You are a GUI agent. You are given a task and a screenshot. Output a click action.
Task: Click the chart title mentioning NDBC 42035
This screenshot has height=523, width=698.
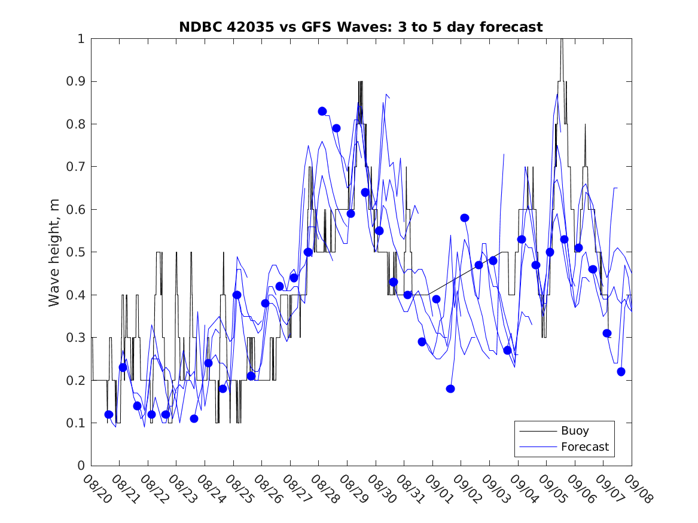tap(361, 27)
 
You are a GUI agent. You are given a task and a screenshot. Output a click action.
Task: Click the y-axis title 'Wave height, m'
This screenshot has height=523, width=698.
tap(54, 252)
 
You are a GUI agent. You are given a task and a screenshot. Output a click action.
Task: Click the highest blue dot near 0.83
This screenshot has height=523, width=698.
tap(322, 111)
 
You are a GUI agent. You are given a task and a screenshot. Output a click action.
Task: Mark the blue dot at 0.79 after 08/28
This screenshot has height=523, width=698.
tap(336, 128)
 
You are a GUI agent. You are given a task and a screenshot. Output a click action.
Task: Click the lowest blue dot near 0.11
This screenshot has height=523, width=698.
tap(194, 418)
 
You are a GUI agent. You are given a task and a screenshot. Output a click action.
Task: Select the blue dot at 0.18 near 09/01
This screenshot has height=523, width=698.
tap(450, 389)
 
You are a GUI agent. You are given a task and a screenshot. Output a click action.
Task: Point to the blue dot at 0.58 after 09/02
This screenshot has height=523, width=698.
tap(465, 218)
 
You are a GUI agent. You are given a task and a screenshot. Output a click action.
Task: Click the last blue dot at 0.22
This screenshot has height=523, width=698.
tap(621, 372)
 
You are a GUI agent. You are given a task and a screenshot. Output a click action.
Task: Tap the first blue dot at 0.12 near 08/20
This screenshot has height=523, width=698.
tap(109, 414)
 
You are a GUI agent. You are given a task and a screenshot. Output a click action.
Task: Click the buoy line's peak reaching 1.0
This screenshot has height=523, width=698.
tap(561, 39)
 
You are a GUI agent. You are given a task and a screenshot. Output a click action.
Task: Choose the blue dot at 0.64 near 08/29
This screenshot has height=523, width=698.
tap(365, 192)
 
